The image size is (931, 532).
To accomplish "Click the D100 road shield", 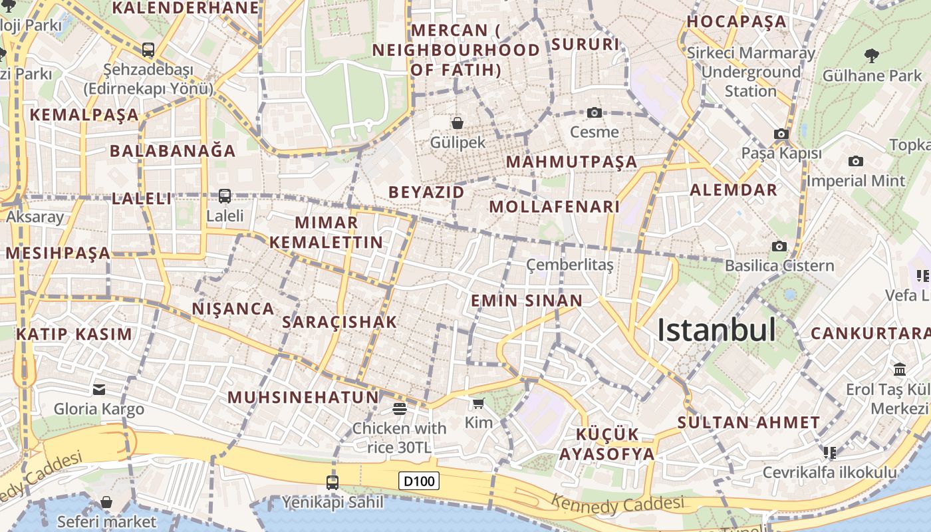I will coord(419,481).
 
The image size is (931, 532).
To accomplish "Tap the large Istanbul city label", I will coord(716,330).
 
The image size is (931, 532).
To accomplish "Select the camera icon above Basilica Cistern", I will coord(779,247).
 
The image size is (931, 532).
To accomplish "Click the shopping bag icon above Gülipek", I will coord(458,123).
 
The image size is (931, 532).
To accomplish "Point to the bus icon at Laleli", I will coord(225,196).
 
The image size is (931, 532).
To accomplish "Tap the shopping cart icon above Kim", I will coord(478,403).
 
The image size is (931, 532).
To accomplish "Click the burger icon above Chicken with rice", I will coord(399,408).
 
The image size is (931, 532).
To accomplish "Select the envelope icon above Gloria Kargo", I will coord(99,390).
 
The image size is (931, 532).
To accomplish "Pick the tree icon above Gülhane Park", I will coord(871,55).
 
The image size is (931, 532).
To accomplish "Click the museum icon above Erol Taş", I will coord(900,369).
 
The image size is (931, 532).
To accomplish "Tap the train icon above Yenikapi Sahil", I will coord(332,483).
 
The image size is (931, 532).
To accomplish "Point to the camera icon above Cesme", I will coord(594,112).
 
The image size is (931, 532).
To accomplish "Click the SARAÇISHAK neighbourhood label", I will coord(339,323).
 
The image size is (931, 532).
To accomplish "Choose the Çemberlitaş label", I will coord(569,265).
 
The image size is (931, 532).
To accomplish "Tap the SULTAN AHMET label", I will coord(748,422).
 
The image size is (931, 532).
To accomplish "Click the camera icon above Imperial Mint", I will coord(855,161).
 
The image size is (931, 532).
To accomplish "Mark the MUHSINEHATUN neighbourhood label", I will coord(303,398).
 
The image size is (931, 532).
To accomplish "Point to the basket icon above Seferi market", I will coord(106,502).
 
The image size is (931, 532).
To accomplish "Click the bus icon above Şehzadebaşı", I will coord(148,50).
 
